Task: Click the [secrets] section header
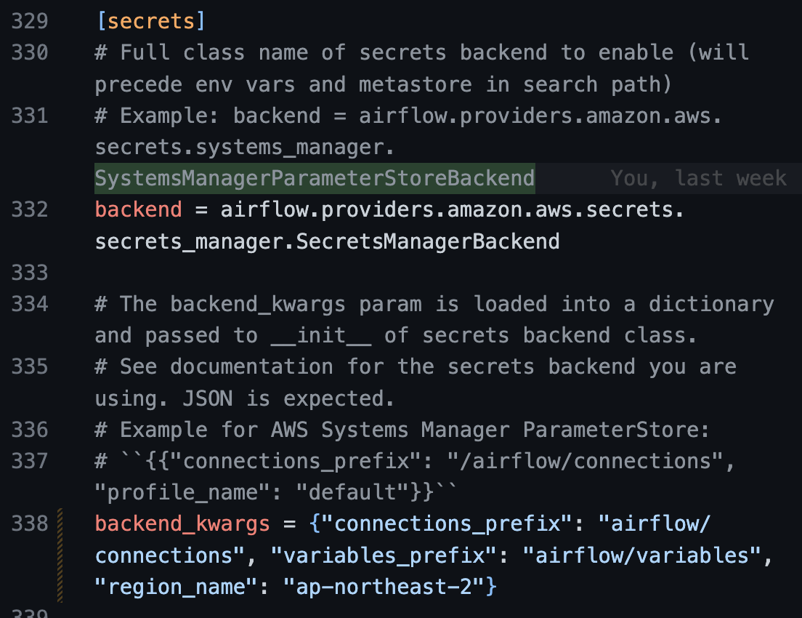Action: [150, 21]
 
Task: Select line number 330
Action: [30, 53]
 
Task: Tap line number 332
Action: [30, 210]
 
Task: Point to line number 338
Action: [30, 523]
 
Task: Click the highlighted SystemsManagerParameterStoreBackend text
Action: [315, 178]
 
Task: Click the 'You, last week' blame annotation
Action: [698, 178]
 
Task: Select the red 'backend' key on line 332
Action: [138, 210]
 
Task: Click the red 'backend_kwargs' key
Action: [182, 523]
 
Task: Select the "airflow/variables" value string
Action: [643, 555]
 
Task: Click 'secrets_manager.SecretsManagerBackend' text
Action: [327, 241]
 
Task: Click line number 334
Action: [30, 304]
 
